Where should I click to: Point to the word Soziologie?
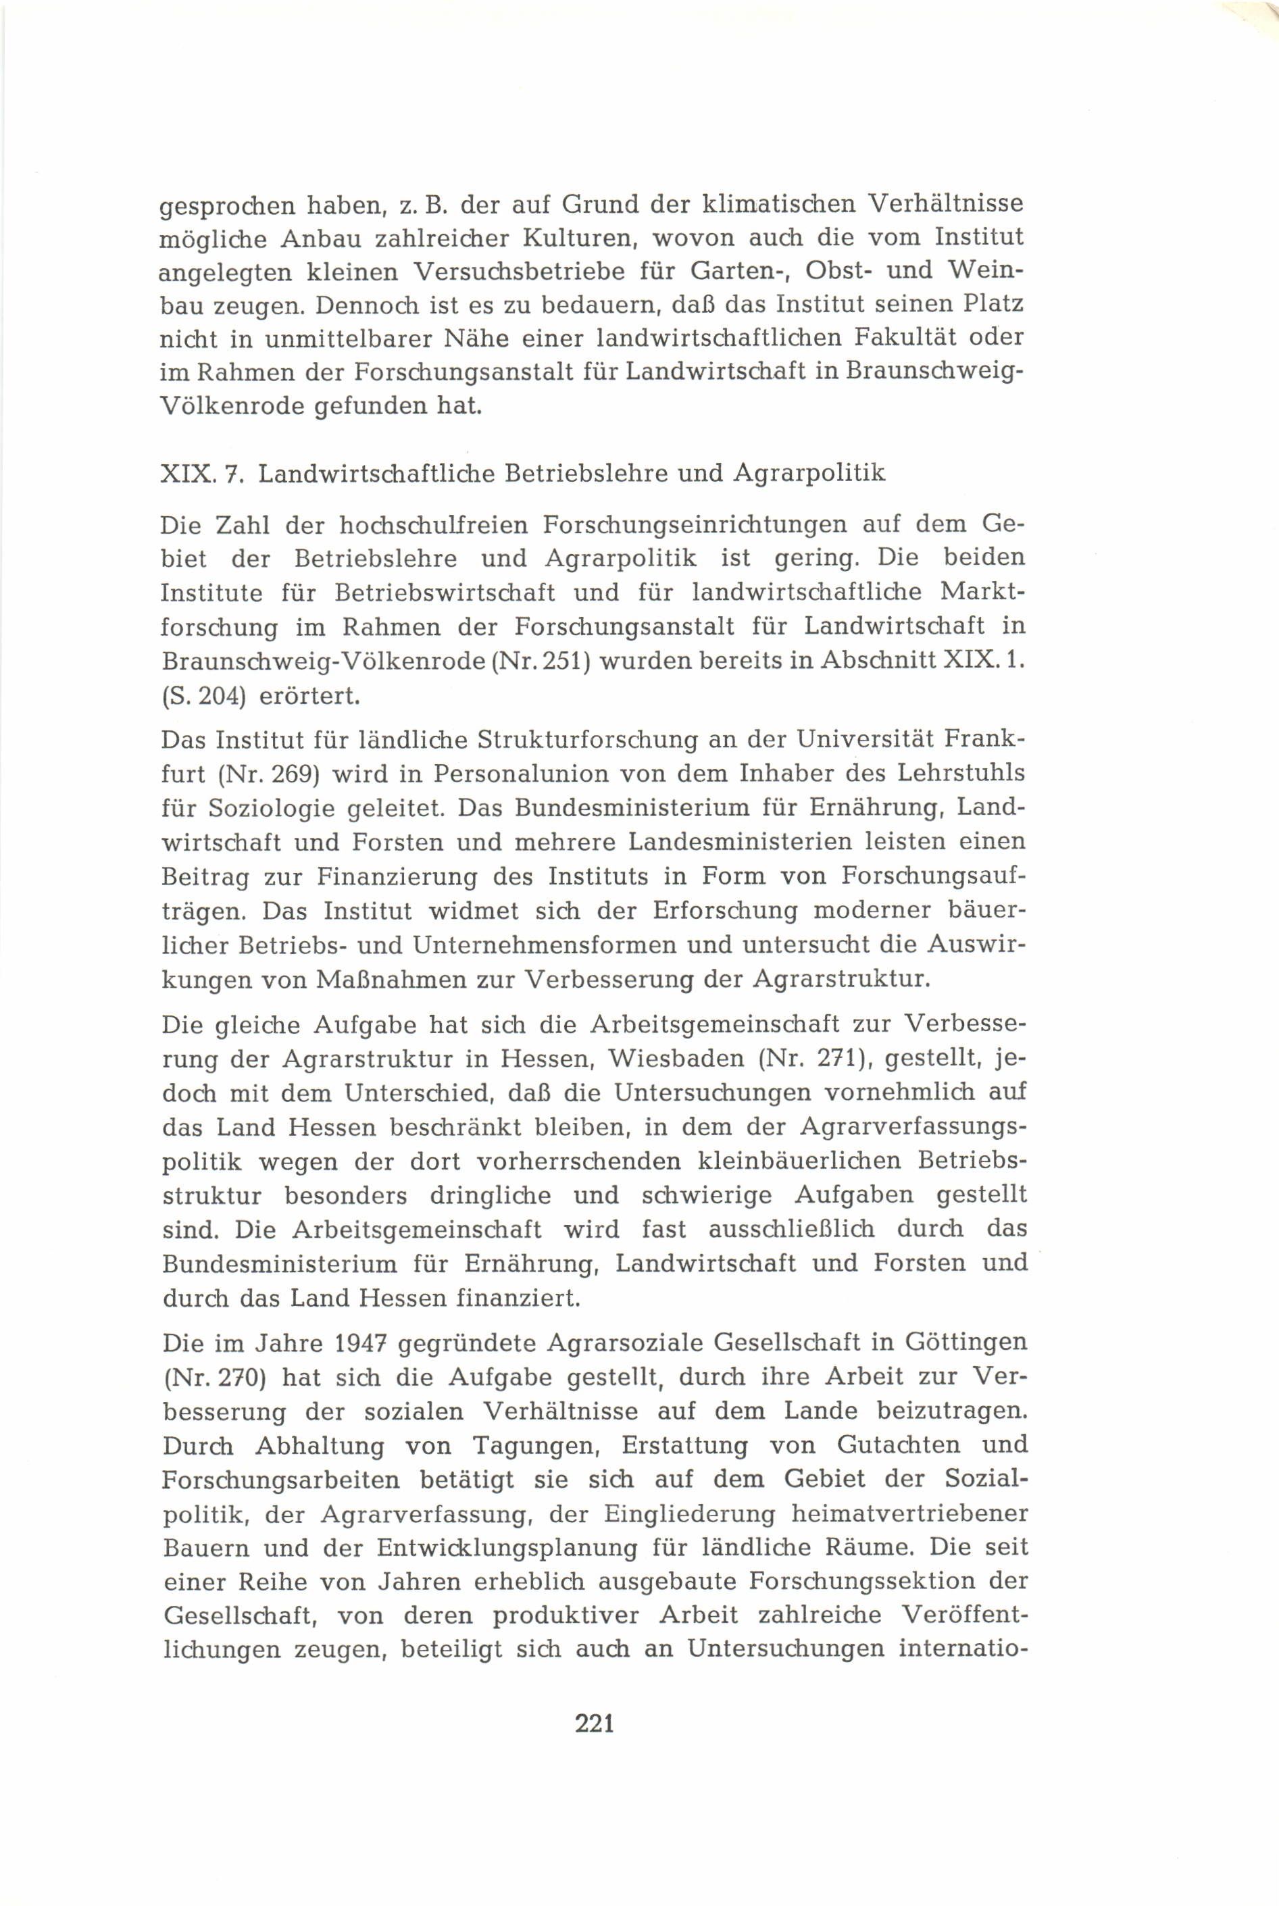[272, 809]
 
